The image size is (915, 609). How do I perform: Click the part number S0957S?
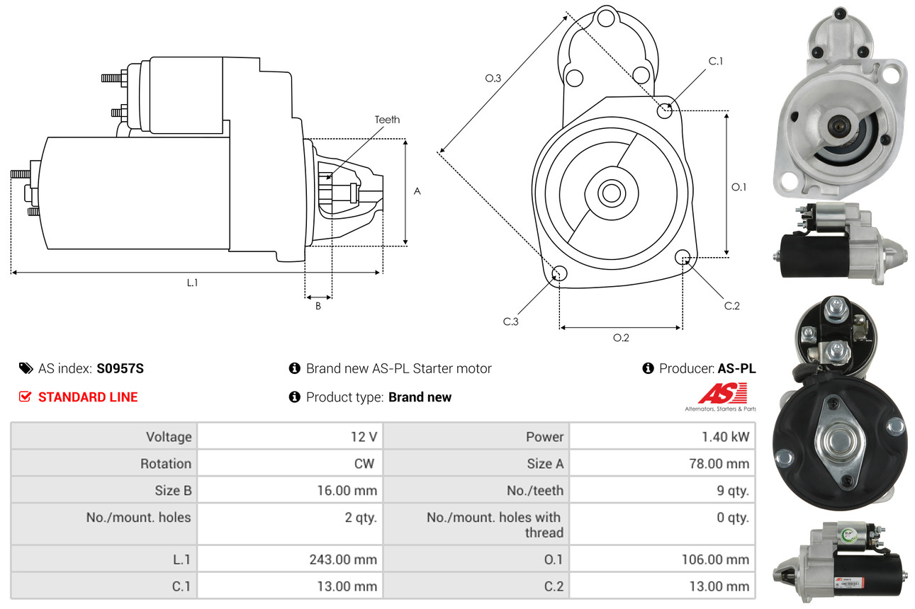[120, 368]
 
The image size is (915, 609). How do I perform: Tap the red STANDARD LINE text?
[88, 397]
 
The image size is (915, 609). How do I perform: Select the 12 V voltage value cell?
[363, 437]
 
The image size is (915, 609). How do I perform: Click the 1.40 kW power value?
[725, 437]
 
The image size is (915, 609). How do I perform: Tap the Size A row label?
[545, 464]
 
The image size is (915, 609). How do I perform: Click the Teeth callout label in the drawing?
[387, 120]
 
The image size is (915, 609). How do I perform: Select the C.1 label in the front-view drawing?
[716, 61]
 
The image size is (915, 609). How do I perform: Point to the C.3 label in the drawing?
[511, 321]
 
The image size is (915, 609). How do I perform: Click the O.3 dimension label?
[493, 79]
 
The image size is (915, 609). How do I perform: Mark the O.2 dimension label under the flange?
[621, 338]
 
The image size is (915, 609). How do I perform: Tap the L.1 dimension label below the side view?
[192, 283]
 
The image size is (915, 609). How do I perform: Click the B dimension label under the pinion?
[318, 306]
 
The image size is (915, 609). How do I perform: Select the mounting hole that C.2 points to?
[683, 256]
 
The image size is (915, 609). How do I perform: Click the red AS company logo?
[722, 394]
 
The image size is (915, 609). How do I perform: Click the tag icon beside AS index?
[26, 368]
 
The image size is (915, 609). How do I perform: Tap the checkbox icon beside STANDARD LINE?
[26, 397]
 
